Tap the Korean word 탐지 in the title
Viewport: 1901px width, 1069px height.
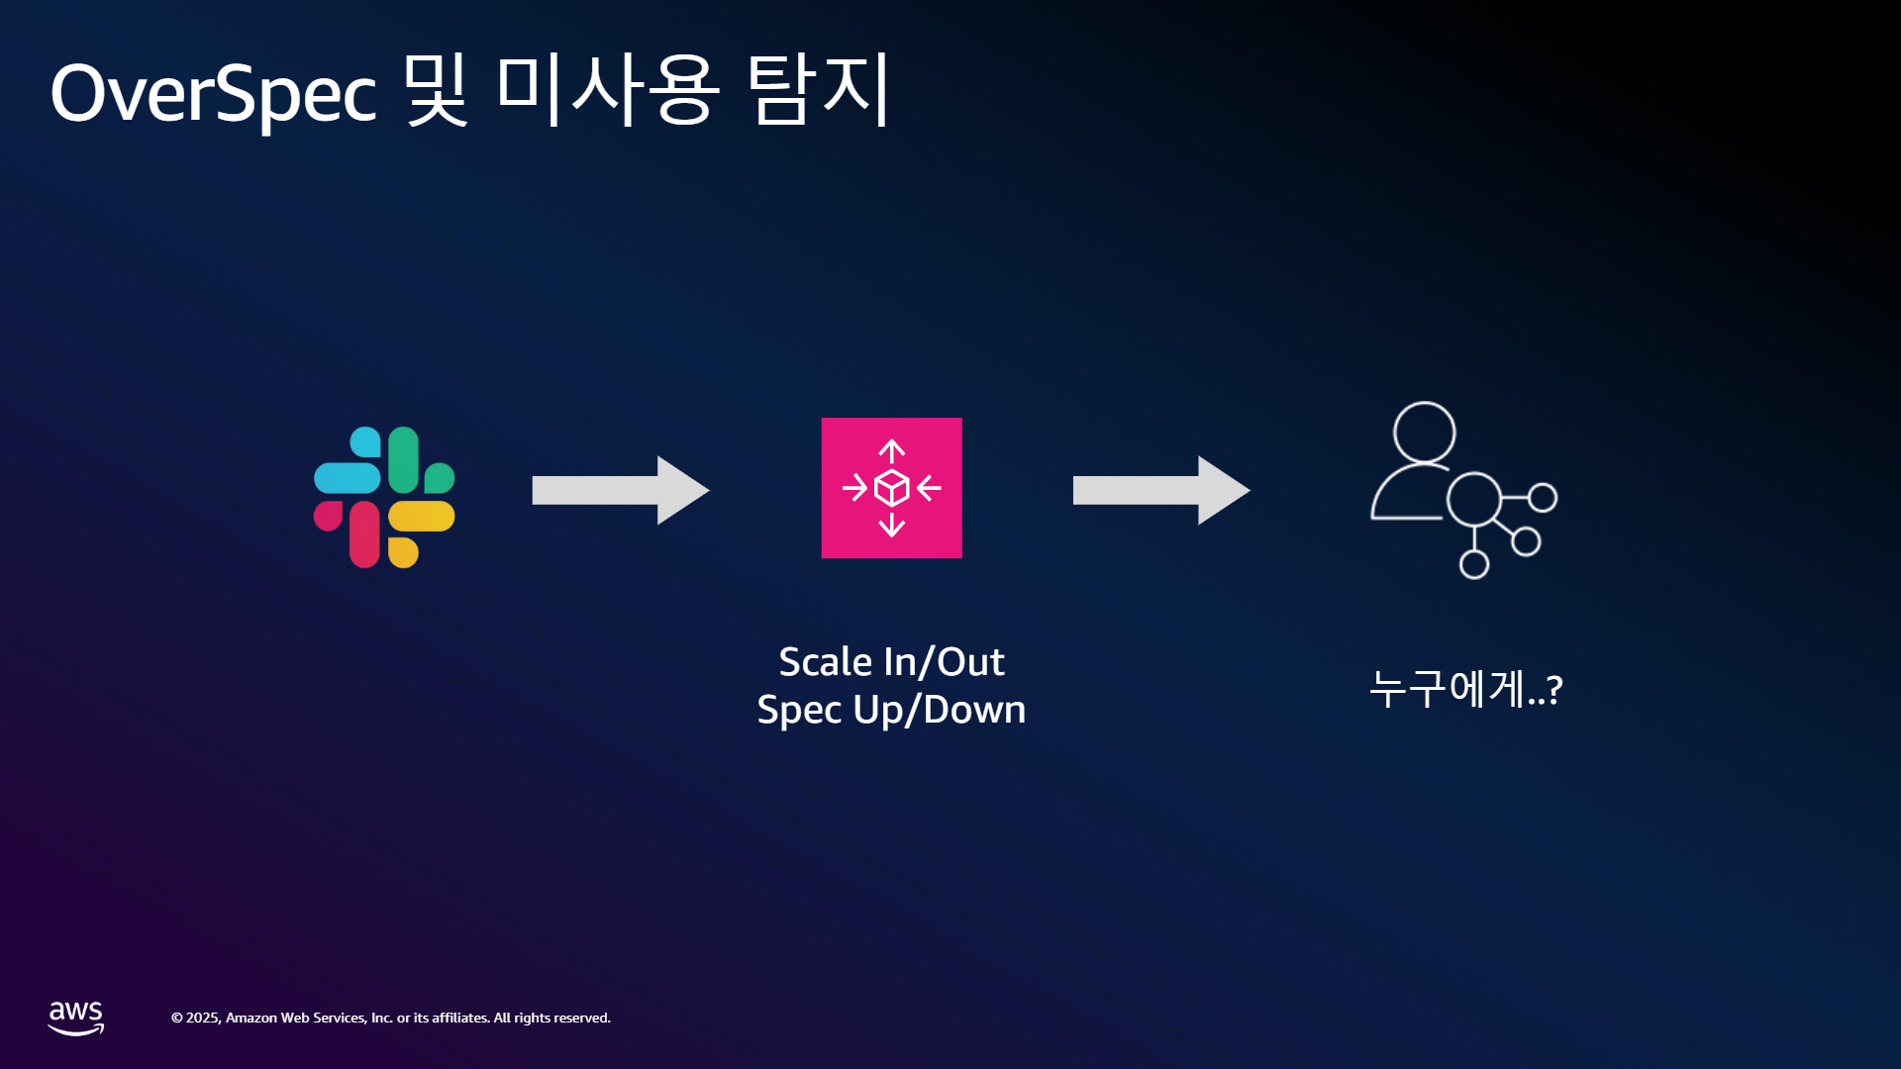(819, 89)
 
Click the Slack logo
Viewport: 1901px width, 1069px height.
(384, 497)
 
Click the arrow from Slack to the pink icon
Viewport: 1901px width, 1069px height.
(621, 490)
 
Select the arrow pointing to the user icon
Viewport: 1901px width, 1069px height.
(1161, 490)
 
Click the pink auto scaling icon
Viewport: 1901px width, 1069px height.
(891, 488)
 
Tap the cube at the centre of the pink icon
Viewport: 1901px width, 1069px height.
(891, 488)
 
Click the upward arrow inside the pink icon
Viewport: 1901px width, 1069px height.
(891, 451)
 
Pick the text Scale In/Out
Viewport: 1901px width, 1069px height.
(891, 661)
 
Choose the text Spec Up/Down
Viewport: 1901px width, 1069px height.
(891, 710)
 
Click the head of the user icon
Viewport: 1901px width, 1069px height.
(1424, 433)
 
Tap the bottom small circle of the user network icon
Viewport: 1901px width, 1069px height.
(1474, 564)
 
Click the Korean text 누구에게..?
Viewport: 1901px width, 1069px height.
(1465, 689)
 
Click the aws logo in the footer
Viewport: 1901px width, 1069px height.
(76, 1018)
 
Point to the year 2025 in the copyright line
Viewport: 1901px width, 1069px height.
(203, 1018)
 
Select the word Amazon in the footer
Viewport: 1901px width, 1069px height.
(251, 1018)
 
